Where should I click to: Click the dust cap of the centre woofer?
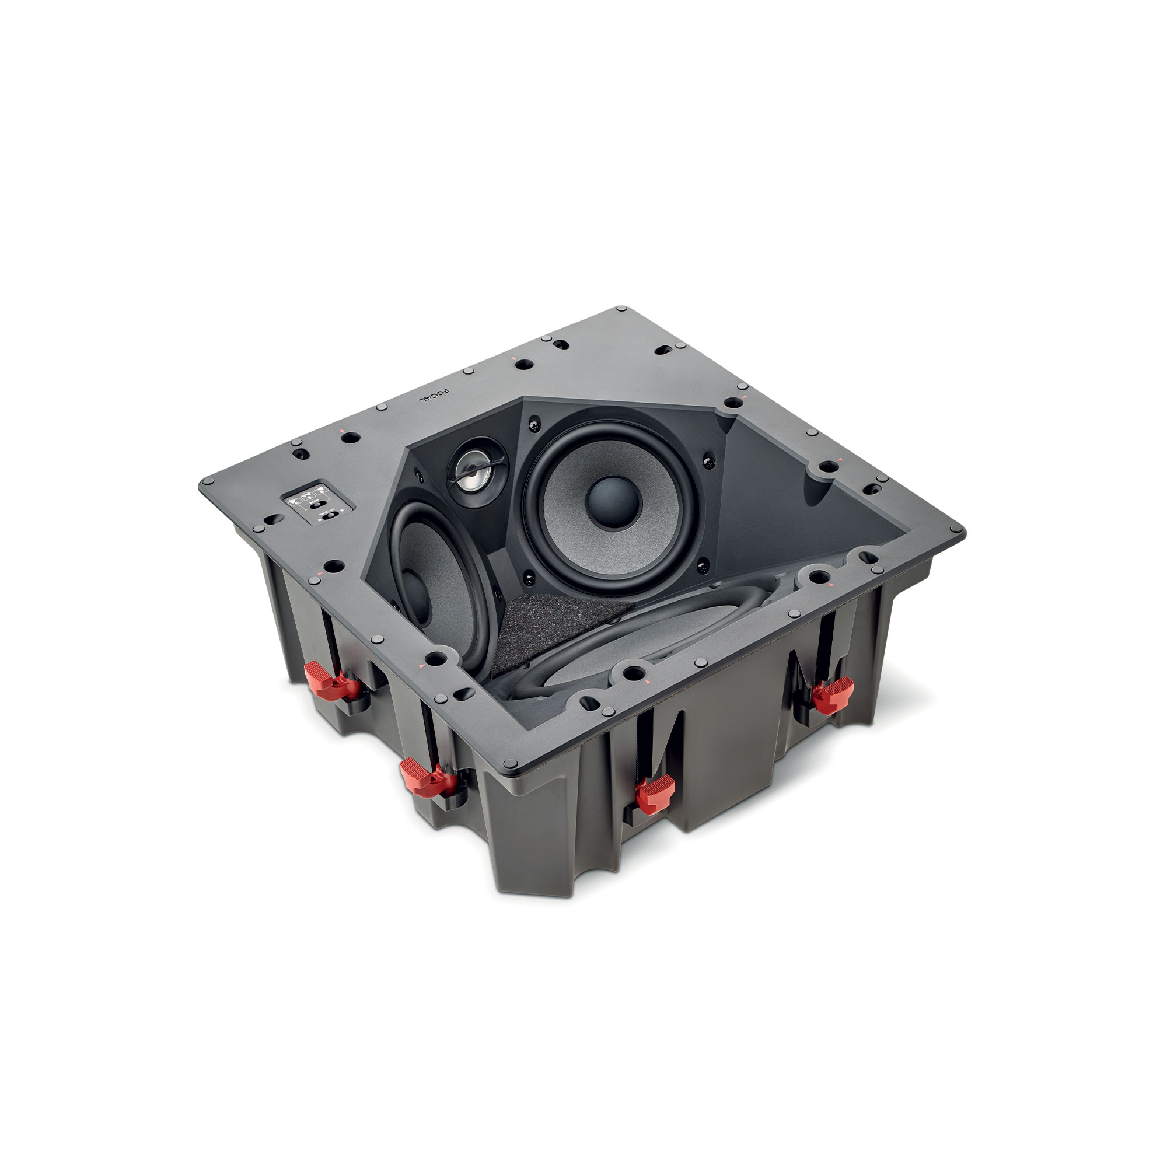[612, 502]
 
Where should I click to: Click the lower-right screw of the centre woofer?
[702, 567]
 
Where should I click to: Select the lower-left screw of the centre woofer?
[530, 576]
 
